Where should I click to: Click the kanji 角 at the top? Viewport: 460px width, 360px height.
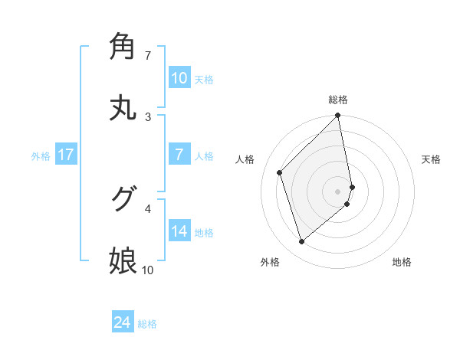123,46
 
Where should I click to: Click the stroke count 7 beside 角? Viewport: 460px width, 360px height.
147,55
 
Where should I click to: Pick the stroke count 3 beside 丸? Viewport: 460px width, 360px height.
147,116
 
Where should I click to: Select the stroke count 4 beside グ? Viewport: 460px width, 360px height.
147,208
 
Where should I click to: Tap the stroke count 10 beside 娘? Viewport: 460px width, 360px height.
147,270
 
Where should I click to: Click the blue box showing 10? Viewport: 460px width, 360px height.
179,77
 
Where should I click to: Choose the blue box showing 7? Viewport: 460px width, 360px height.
179,154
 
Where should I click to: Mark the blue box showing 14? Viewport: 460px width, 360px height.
179,231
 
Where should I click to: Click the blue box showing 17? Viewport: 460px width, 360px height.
66,155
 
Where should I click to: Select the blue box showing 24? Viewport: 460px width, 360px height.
123,322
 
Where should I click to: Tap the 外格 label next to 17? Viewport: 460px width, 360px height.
41,156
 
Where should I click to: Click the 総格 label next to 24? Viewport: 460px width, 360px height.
147,324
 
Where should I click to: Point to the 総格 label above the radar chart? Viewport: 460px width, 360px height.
338,100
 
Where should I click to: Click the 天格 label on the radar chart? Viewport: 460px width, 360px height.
432,159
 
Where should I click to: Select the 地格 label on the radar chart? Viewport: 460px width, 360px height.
402,262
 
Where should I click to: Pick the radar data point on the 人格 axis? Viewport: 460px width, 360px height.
280,172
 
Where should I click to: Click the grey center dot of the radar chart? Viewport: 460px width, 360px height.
338,190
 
